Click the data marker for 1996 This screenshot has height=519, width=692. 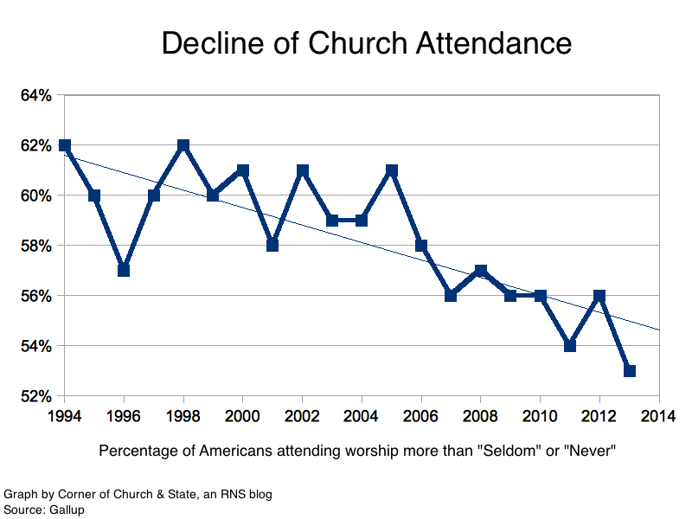tap(124, 270)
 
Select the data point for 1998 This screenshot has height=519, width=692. tap(183, 145)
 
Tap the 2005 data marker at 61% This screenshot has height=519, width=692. tap(392, 170)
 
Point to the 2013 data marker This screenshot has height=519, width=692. tap(630, 371)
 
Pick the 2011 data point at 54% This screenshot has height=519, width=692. tap(570, 346)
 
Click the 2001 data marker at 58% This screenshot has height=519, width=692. tap(272, 246)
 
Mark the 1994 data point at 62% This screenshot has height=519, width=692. tap(64, 145)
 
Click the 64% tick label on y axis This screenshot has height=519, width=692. tap(36, 95)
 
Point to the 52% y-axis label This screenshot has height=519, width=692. tap(36, 396)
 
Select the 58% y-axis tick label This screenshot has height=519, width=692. tap(36, 246)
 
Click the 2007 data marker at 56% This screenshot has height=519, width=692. tap(452, 296)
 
